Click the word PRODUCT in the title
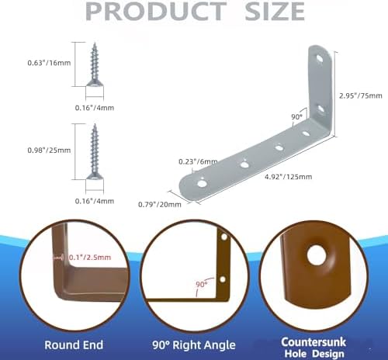(156, 12)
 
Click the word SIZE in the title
(275, 12)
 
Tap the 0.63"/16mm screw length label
(49, 63)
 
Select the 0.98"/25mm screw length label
(49, 151)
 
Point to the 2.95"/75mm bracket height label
(361, 95)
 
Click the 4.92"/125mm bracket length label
(288, 177)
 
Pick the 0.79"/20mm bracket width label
(160, 205)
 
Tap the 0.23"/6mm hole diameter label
(198, 162)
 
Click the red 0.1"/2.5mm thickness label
(90, 258)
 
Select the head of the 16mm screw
(95, 83)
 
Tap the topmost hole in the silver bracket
(320, 58)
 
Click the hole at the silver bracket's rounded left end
(202, 184)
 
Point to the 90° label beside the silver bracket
(296, 117)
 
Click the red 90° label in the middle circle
(202, 285)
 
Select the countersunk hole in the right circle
(317, 255)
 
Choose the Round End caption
(74, 345)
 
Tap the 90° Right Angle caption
(194, 345)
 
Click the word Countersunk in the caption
(314, 342)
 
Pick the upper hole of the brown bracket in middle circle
(224, 237)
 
